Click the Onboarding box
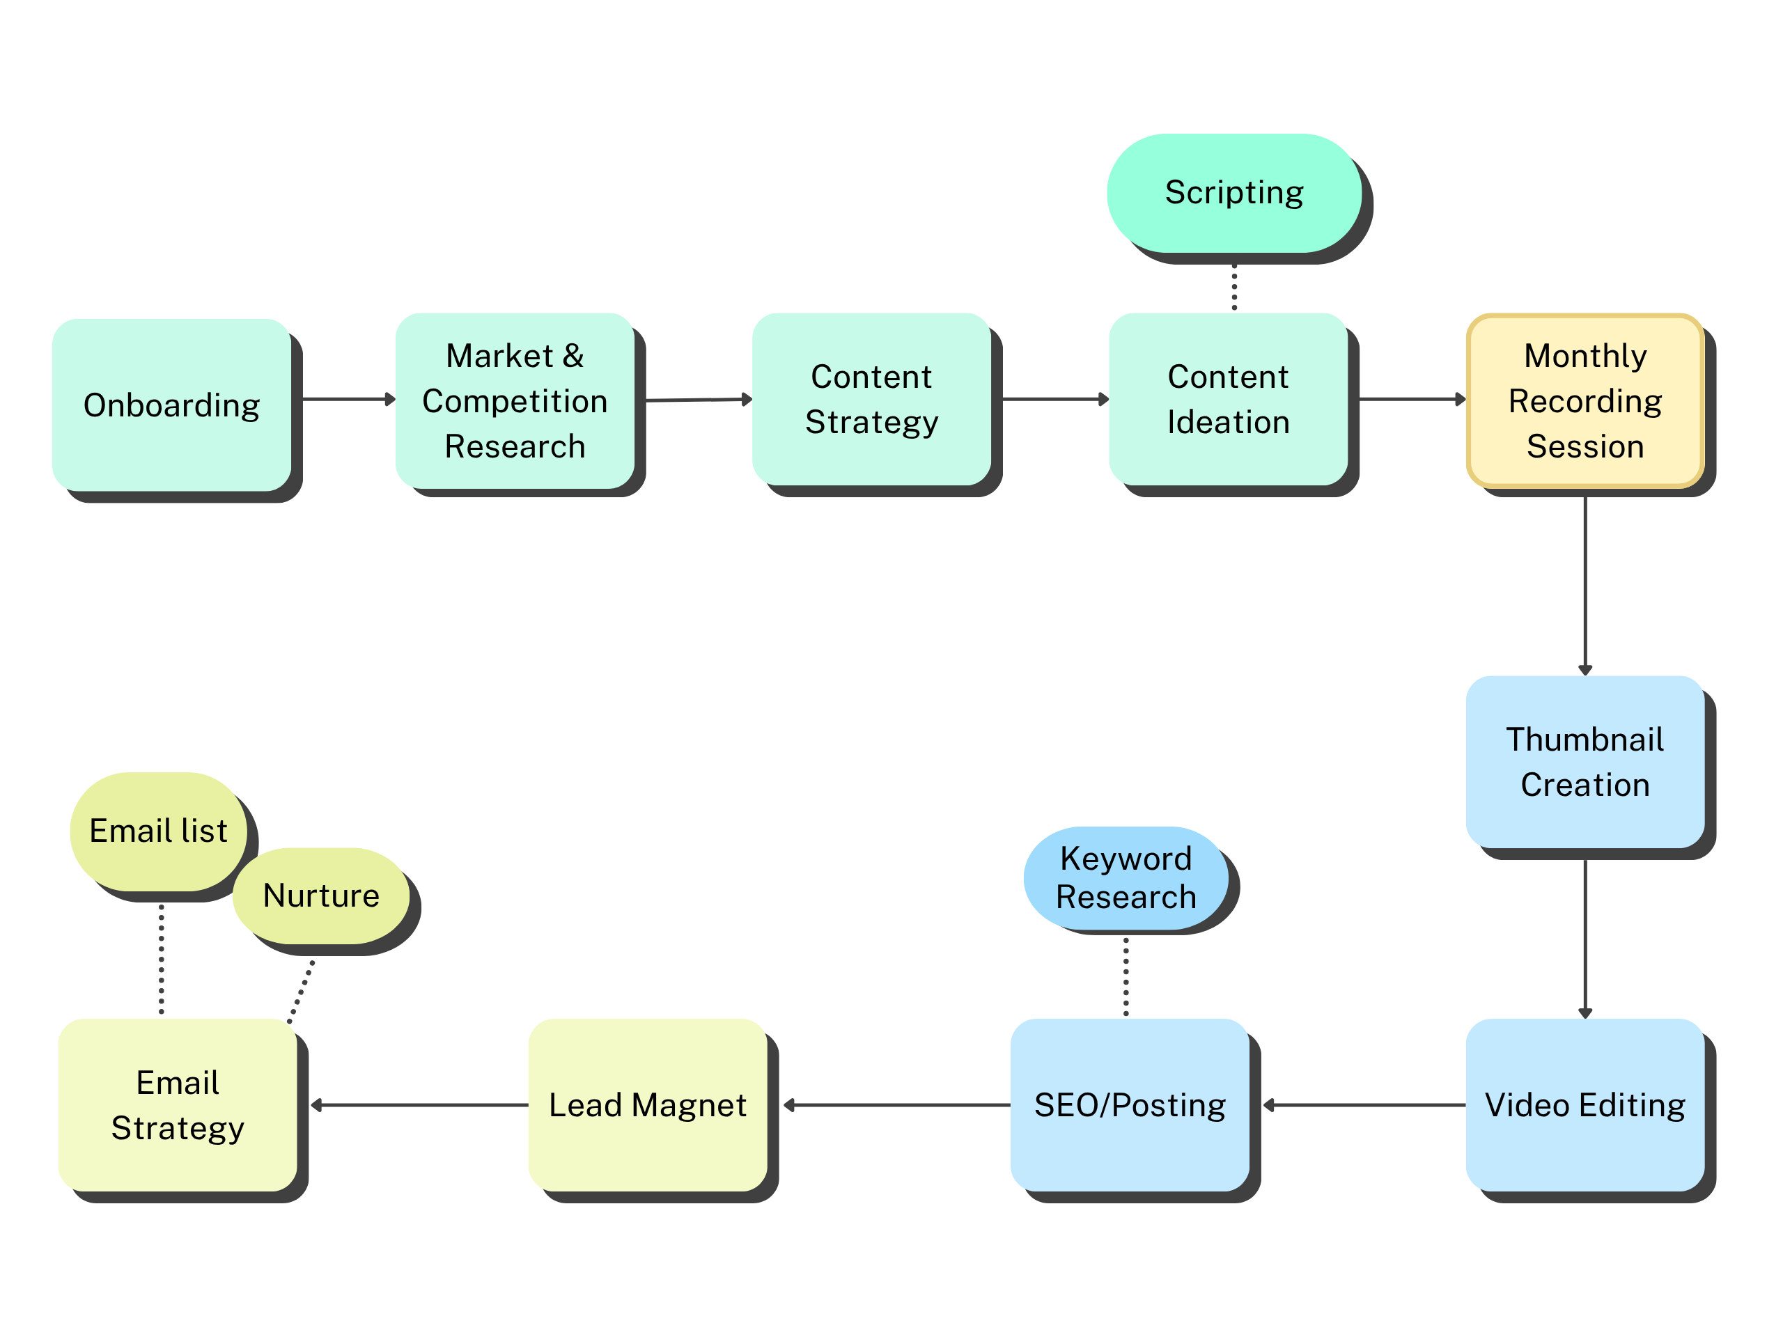pos(172,405)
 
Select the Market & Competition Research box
pos(514,400)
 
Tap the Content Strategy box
pos(871,399)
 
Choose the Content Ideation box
pos(1228,399)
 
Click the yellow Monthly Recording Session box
pos(1585,400)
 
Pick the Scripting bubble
pos(1234,193)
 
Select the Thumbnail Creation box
pos(1585,762)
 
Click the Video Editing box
pos(1585,1105)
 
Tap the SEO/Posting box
pos(1129,1105)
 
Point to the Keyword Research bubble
pos(1126,877)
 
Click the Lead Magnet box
pos(647,1105)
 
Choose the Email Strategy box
pos(178,1105)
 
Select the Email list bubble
pos(158,831)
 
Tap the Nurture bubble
pos(321,896)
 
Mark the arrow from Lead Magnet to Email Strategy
pos(419,1105)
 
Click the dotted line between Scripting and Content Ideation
pos(1234,287)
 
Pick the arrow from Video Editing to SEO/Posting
pos(1362,1105)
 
